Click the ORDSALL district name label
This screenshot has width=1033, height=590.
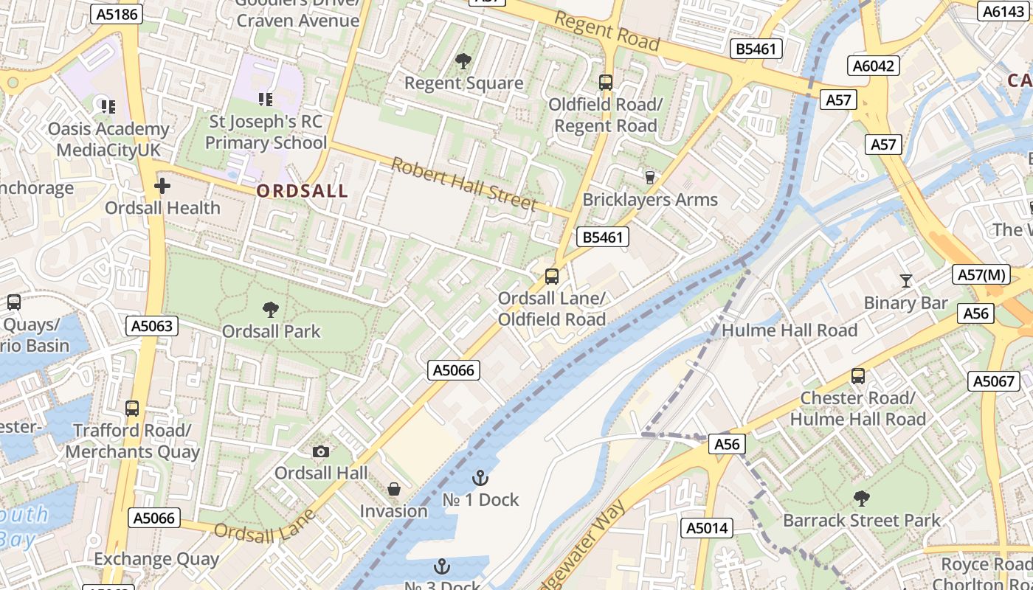pos(302,191)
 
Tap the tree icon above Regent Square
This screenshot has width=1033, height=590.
pos(463,61)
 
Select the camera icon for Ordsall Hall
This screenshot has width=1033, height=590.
pos(321,451)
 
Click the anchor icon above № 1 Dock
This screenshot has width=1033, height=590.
pos(480,478)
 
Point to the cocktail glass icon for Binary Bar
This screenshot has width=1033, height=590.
pos(905,281)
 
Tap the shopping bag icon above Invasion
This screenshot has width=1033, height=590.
pos(394,489)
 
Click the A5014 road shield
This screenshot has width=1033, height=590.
pos(707,527)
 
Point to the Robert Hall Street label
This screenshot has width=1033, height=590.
pos(463,184)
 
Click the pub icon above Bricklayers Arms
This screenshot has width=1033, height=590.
pos(650,177)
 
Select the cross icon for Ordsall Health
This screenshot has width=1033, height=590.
pos(162,186)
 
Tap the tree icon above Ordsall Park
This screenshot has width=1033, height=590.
pos(271,310)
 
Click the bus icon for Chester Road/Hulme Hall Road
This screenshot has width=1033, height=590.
pos(857,376)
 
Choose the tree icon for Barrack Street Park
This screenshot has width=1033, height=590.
pos(861,499)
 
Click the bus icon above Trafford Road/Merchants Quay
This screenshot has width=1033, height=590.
pos(132,408)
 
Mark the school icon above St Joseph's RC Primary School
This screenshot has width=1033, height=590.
pos(266,99)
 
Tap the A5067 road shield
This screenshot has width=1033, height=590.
pos(993,381)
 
